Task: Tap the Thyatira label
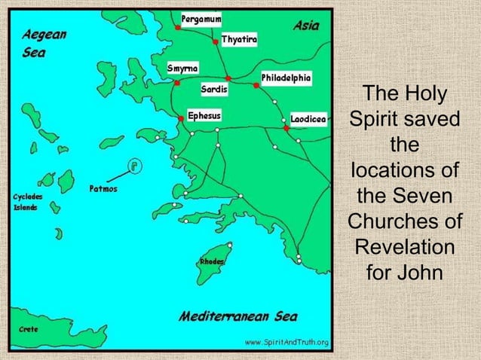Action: (x=239, y=38)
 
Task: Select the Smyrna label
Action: (x=182, y=68)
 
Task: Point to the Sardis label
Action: (x=214, y=90)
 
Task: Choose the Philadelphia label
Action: (x=286, y=78)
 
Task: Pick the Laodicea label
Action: (x=308, y=119)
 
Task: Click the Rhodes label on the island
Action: (x=210, y=261)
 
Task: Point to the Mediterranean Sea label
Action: (x=238, y=316)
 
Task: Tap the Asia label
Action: (x=305, y=26)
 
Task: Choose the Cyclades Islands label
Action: (x=26, y=202)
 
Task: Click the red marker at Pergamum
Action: (x=177, y=27)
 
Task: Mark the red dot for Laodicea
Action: (x=286, y=129)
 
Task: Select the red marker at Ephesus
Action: (x=182, y=118)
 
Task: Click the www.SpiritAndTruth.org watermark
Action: (x=286, y=343)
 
